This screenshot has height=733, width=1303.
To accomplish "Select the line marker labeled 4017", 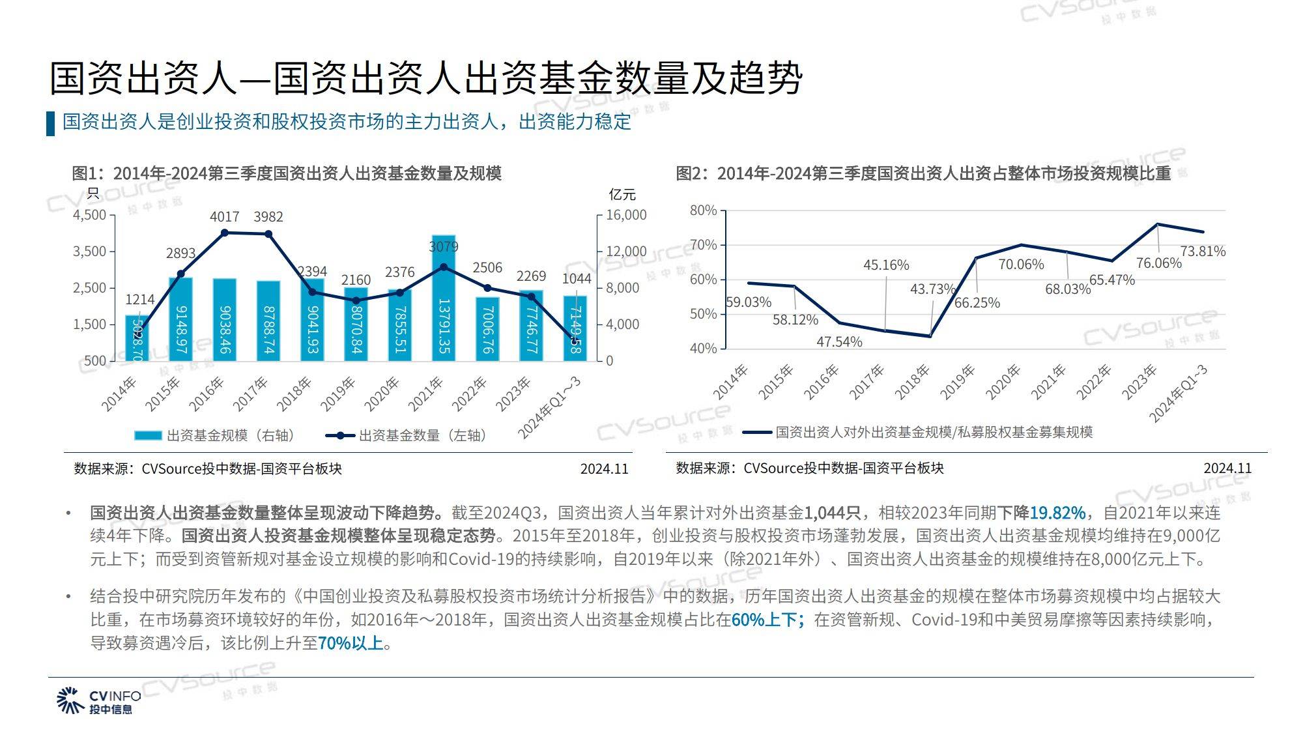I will pos(225,233).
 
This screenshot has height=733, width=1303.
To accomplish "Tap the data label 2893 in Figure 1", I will pos(180,253).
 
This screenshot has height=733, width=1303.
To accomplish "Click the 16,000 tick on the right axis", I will pos(626,215).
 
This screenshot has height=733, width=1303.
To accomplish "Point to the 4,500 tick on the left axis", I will pos(89,215).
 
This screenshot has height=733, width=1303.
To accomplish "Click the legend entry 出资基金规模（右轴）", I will pos(215,435).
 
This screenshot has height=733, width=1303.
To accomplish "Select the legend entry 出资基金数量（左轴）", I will pos(407,435).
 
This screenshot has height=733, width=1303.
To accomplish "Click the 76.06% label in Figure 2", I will pos(1158,263).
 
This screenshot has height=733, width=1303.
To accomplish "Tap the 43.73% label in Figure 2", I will pos(932,289).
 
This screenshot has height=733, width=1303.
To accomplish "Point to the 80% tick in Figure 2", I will pos(703,210).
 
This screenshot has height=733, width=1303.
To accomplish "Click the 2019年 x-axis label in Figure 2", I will pos(958,382).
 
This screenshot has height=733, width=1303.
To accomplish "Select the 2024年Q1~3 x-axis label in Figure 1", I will pos(549,408).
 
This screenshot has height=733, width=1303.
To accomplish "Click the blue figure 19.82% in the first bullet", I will pos(1057,513).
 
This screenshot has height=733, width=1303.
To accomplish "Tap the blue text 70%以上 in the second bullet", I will pos(351,643).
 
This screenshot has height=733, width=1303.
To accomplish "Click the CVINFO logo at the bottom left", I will pos(98,700).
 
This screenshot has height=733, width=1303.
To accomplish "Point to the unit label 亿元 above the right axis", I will pos(622,194).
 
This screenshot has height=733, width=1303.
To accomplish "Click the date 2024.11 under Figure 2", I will pos(1227,468).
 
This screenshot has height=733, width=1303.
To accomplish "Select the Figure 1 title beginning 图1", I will pos(287,173).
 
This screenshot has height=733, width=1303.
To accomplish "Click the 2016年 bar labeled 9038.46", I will pos(225,319).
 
